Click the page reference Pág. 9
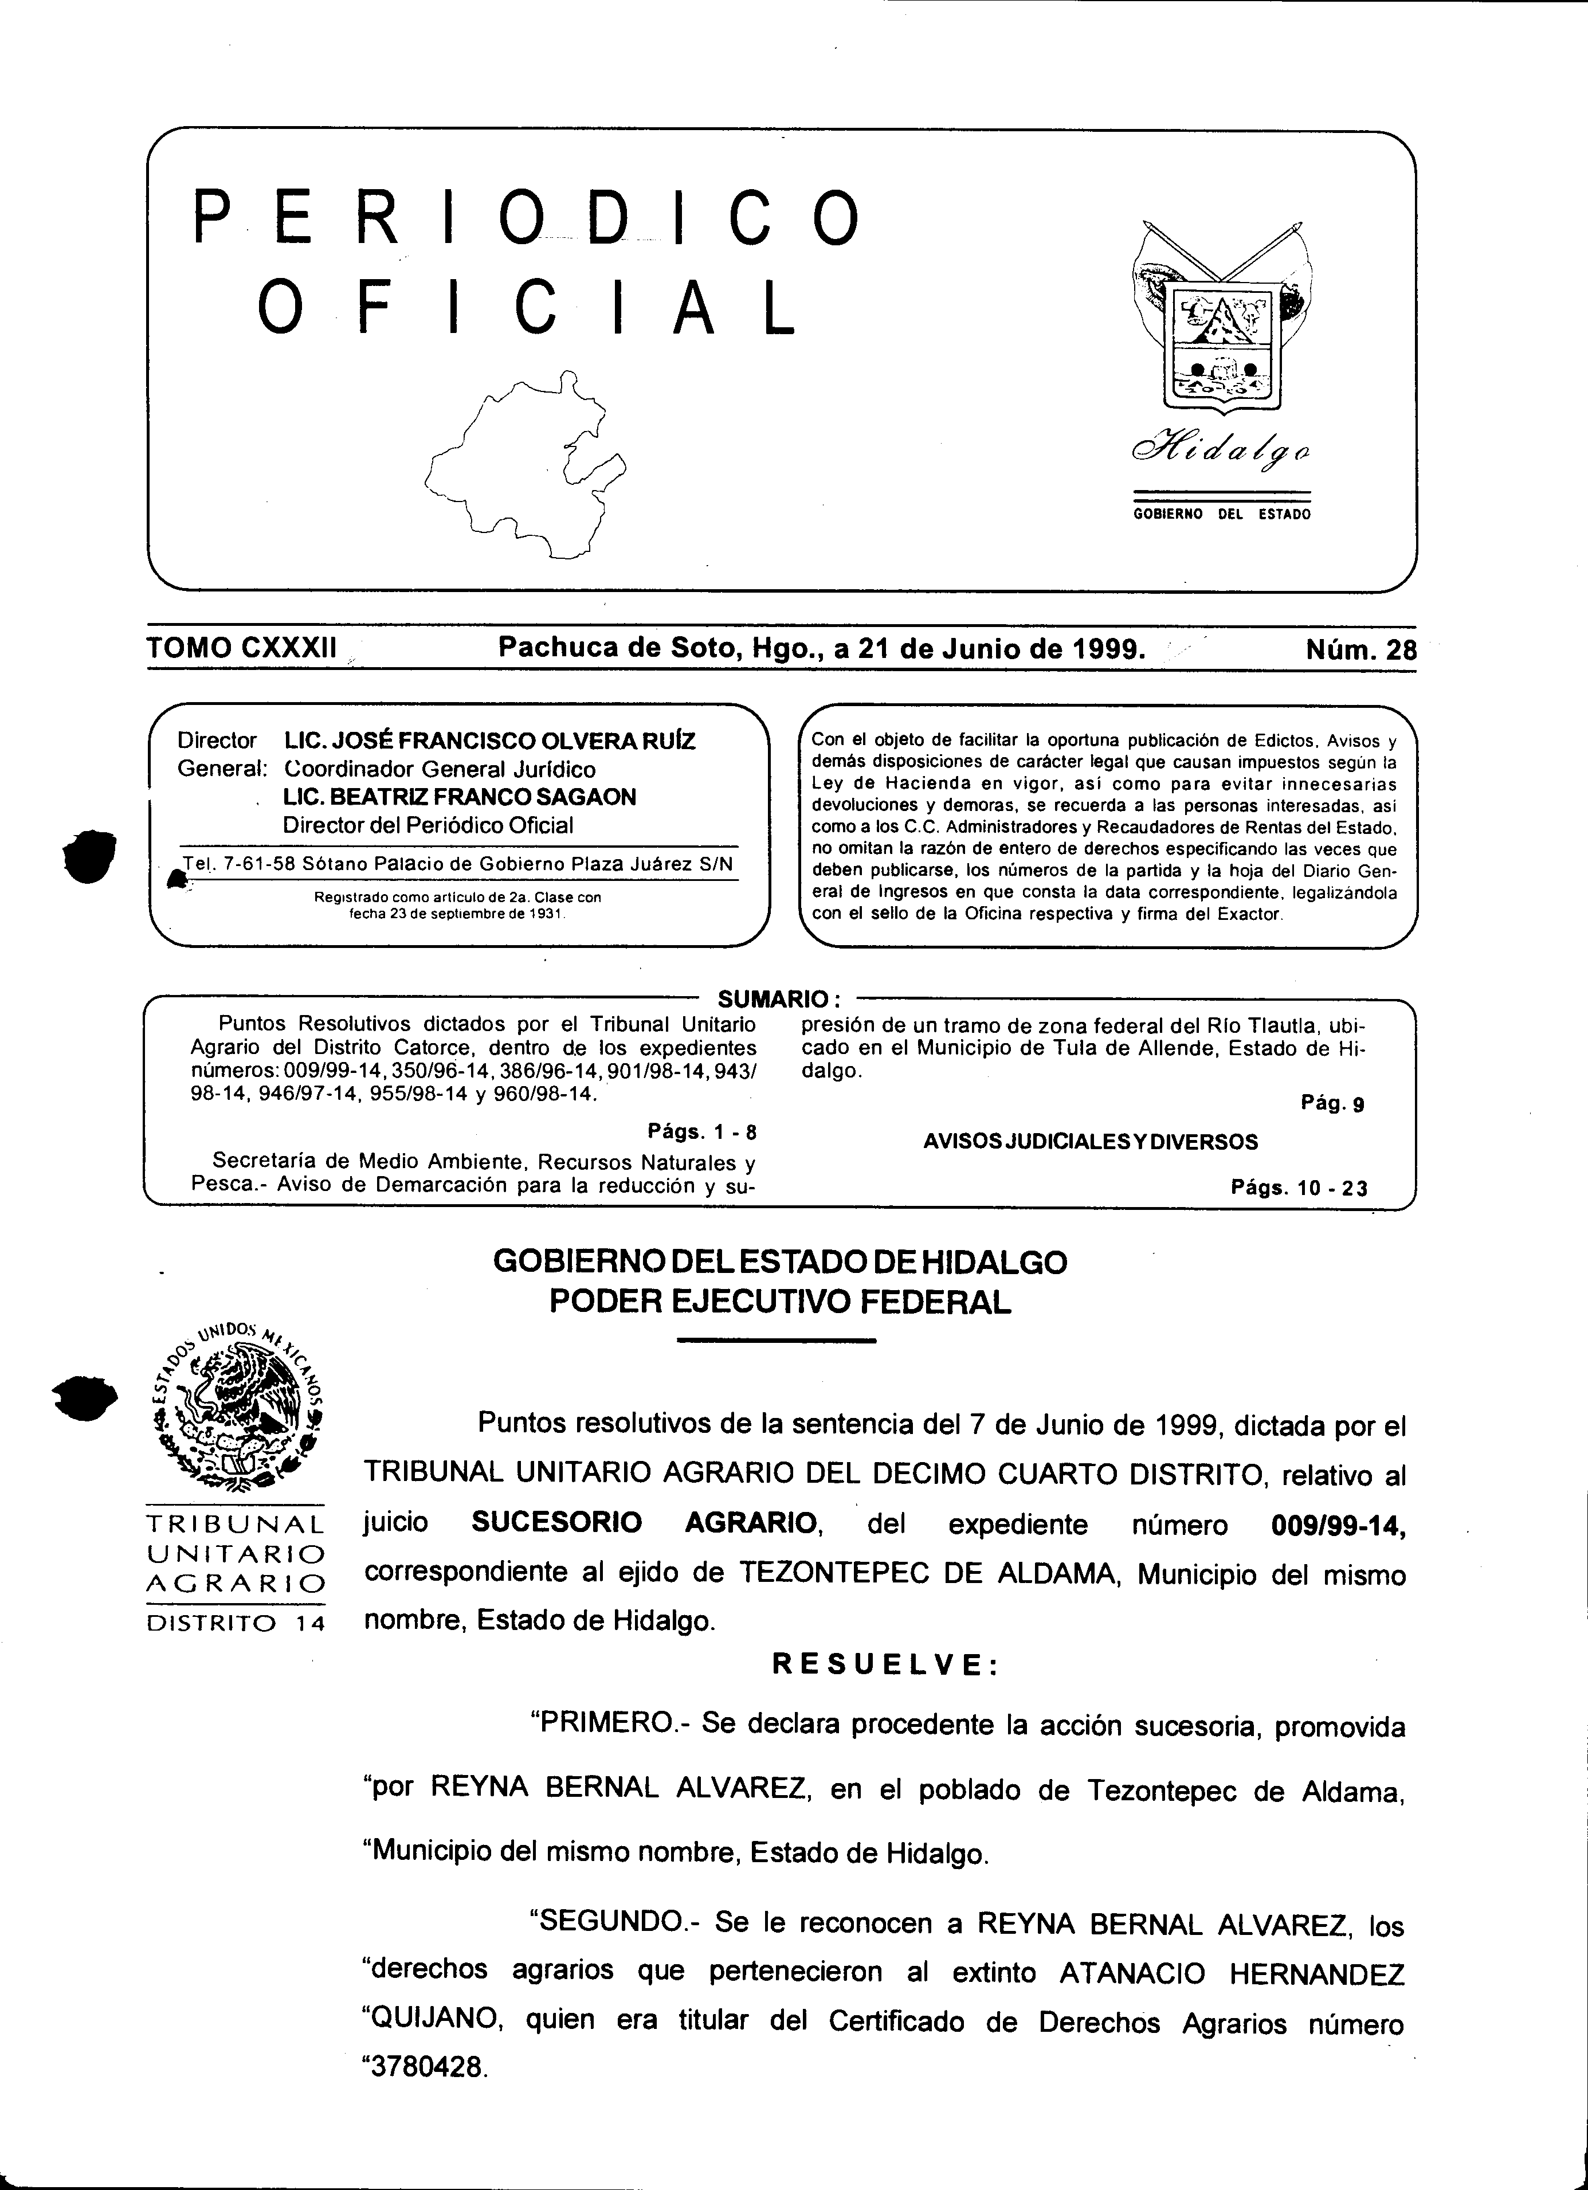tap(1332, 1104)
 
